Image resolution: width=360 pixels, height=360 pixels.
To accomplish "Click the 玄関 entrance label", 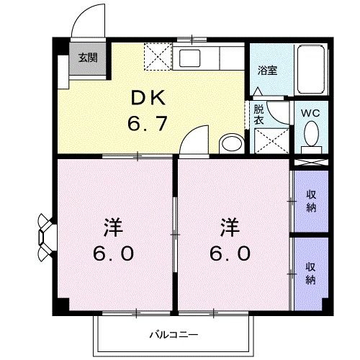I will (x=89, y=58).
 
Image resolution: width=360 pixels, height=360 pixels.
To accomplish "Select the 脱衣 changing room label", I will (x=258, y=116).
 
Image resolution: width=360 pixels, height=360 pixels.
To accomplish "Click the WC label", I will (x=310, y=113).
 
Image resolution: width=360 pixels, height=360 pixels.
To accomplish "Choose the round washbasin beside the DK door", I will (x=230, y=143).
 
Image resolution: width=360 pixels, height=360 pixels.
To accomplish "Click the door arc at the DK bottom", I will (x=196, y=140).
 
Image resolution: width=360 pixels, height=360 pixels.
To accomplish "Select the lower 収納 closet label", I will (x=311, y=271).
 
